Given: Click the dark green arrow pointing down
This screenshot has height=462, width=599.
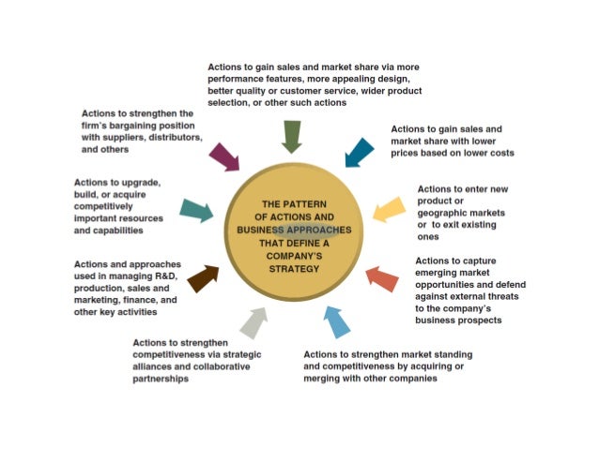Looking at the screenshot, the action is point(291,136).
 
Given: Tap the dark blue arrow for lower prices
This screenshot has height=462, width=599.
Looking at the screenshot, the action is point(359,151).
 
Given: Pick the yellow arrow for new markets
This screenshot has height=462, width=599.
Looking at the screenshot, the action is point(388,210).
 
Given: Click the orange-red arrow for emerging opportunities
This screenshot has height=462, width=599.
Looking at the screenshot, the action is point(381,278).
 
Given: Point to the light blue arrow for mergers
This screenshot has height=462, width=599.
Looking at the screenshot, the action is point(336,320).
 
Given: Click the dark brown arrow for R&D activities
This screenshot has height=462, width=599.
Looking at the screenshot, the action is point(203,277).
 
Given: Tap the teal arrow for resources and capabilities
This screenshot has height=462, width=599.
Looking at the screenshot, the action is point(196,211).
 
